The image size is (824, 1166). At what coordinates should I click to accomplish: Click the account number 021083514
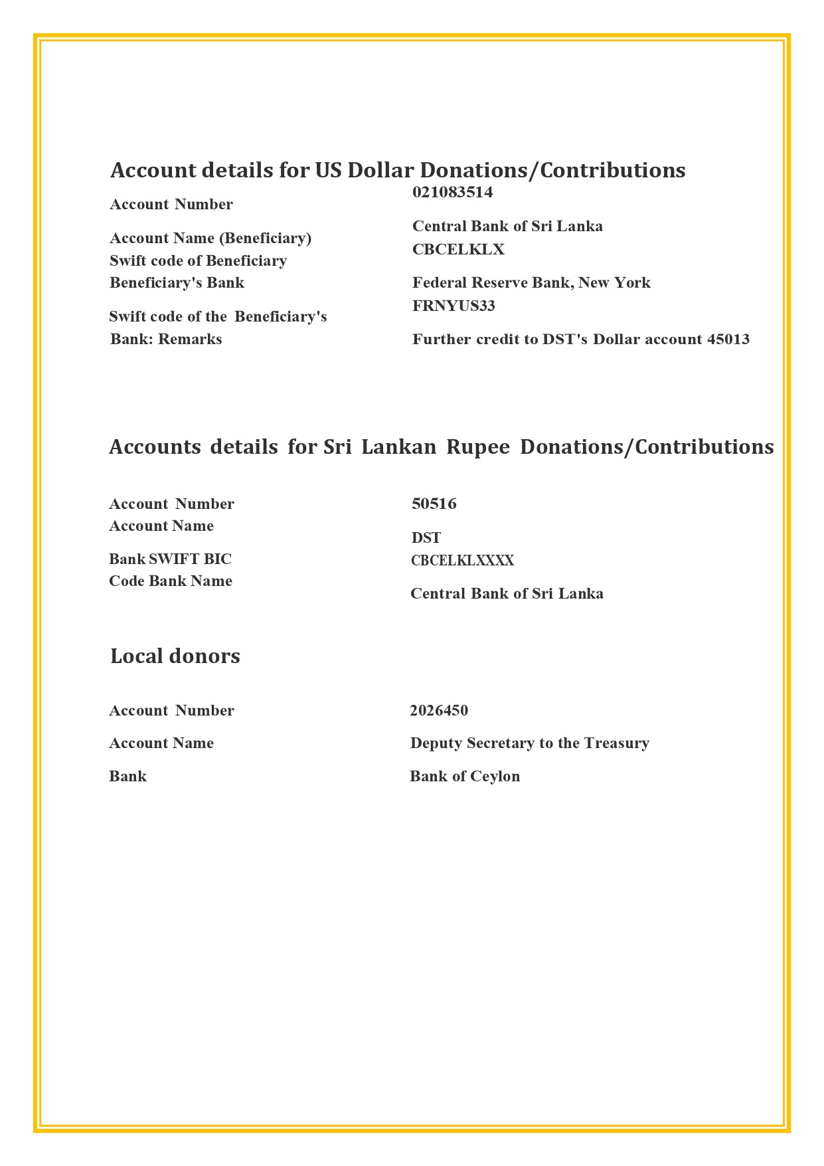[452, 193]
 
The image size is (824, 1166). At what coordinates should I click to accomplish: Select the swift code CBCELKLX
[458, 250]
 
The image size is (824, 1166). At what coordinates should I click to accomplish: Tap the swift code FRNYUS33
[453, 306]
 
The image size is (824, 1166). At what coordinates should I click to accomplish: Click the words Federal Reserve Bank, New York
[531, 283]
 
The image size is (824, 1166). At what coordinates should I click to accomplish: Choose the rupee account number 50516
[434, 504]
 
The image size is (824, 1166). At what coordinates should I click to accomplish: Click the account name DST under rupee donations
[426, 538]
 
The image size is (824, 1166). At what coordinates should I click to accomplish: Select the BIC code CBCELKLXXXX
[462, 561]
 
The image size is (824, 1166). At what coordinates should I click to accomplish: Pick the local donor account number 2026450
[438, 711]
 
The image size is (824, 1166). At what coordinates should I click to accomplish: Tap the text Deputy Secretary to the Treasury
[529, 743]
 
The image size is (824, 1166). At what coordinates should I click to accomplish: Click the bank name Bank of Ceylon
[464, 777]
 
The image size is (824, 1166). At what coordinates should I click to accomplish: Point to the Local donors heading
[175, 656]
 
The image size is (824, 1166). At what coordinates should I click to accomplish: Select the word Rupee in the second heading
[477, 447]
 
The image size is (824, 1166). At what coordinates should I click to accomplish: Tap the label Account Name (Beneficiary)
[210, 239]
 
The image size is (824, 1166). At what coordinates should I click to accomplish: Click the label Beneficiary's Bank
[177, 283]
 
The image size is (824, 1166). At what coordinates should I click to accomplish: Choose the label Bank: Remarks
[166, 340]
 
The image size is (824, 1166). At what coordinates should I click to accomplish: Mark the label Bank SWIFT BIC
[170, 559]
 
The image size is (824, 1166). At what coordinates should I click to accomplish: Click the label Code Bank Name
[170, 581]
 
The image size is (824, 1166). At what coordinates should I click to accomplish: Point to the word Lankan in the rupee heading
[398, 447]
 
